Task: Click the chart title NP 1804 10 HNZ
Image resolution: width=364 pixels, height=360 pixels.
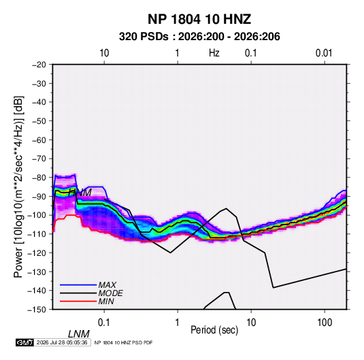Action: point(199,19)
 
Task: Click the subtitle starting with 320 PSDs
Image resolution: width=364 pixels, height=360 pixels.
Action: point(199,37)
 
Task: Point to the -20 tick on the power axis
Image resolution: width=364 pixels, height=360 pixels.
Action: point(39,65)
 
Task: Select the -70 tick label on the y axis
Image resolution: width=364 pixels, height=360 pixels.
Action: point(39,159)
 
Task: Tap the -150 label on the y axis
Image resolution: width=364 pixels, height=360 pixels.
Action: point(37,310)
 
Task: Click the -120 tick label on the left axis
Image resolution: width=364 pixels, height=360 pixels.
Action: point(37,253)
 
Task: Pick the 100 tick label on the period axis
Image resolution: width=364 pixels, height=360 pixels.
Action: point(325,323)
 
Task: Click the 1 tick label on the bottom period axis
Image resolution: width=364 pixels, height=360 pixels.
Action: point(178,323)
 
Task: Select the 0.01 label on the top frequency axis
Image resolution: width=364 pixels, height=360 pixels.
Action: point(324,53)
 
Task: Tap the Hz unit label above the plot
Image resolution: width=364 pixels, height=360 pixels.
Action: point(214,53)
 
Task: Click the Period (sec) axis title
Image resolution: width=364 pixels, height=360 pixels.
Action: point(214,330)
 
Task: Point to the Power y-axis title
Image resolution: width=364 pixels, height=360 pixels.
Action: point(18,187)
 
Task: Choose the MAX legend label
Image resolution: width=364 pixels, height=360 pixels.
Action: point(107,285)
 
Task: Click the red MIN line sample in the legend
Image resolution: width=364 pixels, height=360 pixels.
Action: point(78,301)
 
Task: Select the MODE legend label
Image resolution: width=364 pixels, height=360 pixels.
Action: point(110,293)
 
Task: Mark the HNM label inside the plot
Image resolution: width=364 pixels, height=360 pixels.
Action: point(80,193)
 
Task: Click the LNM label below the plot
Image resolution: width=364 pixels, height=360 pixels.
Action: point(79,334)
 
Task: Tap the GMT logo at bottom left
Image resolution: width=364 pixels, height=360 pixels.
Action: point(25,342)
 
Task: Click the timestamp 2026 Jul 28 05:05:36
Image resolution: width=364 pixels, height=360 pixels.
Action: point(62,342)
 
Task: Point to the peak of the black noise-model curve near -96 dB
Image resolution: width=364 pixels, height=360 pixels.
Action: point(227,208)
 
